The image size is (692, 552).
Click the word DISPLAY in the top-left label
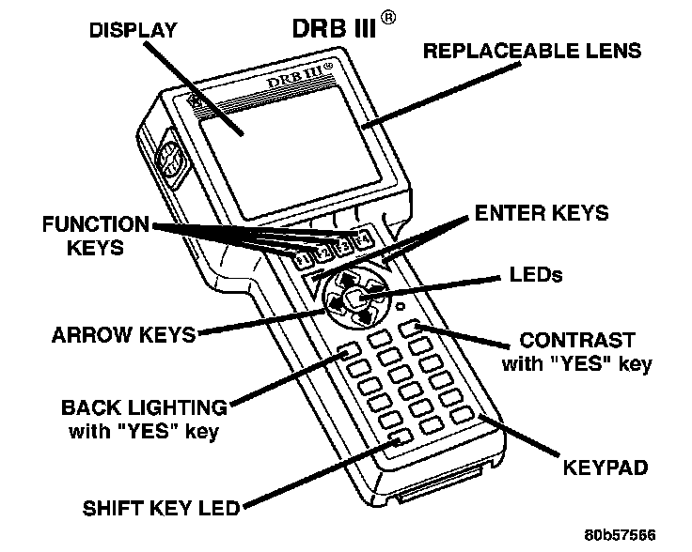133,30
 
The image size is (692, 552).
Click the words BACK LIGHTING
144,409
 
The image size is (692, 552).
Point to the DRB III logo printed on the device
303,77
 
